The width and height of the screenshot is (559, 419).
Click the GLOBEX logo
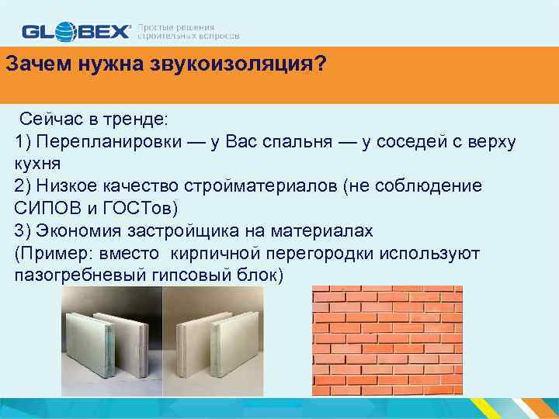pyautogui.click(x=77, y=31)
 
